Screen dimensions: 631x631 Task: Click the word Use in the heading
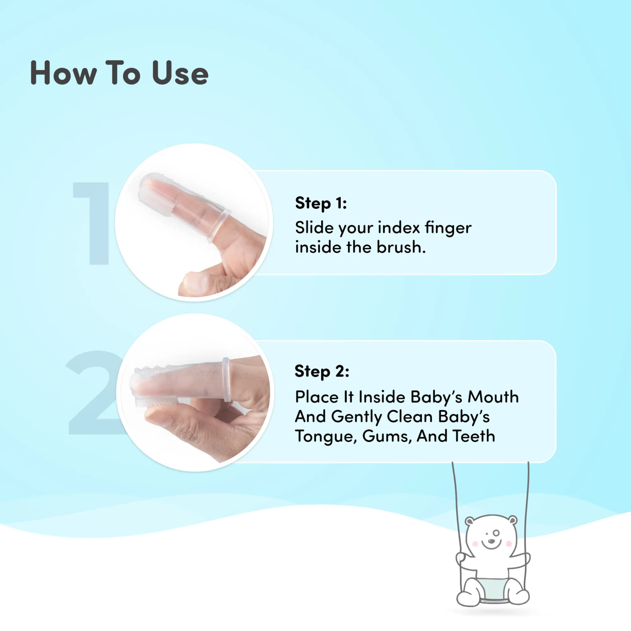click(x=180, y=73)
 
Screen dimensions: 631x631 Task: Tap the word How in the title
click(x=63, y=73)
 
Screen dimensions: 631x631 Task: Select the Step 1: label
click(x=321, y=203)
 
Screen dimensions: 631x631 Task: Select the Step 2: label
click(x=322, y=372)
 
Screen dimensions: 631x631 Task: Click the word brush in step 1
click(x=401, y=247)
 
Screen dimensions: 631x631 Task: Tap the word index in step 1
click(x=399, y=227)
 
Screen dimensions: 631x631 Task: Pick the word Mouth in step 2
click(x=493, y=397)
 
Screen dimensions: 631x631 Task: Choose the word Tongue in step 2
click(x=326, y=437)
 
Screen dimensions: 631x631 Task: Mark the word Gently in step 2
click(x=356, y=417)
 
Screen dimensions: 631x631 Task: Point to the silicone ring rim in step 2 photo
click(x=226, y=380)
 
